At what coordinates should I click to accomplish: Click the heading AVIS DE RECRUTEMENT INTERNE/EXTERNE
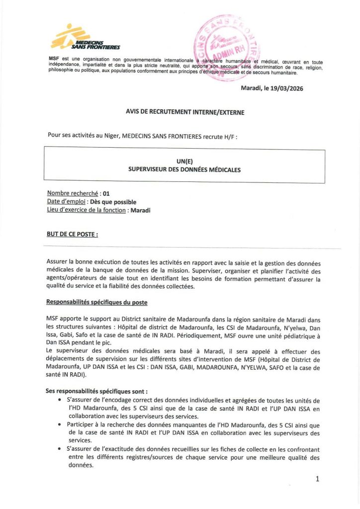point(184,112)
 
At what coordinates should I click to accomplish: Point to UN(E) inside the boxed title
point(184,161)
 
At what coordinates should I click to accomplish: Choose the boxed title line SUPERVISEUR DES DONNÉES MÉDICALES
point(184,170)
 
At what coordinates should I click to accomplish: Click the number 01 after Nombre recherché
point(105,193)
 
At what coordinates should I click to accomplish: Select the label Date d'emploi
point(67,202)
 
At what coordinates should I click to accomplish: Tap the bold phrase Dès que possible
point(113,202)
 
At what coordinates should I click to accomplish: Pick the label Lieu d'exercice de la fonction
point(86,210)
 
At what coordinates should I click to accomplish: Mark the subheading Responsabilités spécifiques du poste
point(96,302)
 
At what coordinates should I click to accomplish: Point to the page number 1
point(317,479)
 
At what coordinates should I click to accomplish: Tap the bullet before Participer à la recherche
point(61,424)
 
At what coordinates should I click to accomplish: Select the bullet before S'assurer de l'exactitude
point(61,449)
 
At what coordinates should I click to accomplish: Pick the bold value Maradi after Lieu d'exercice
point(140,210)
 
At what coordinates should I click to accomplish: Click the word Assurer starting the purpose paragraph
point(59,261)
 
